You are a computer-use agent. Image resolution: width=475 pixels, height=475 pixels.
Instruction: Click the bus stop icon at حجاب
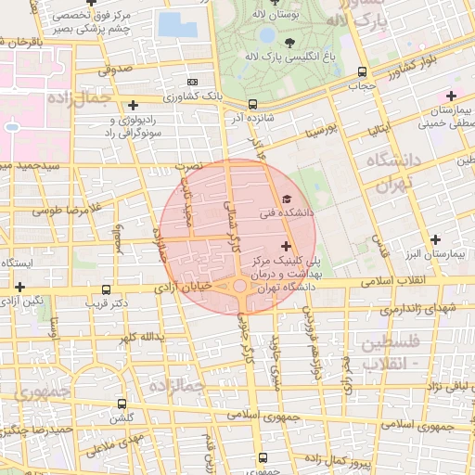tap(362, 71)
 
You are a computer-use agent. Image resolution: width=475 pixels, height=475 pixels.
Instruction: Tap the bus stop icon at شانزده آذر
tap(253, 104)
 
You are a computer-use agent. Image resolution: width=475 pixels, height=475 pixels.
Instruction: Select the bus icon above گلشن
tap(122, 404)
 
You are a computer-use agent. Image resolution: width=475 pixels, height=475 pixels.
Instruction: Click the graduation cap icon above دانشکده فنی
tap(286, 199)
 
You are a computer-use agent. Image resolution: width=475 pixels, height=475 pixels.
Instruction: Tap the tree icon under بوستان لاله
tap(289, 42)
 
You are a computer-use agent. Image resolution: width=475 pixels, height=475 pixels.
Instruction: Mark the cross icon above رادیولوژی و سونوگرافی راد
tap(134, 105)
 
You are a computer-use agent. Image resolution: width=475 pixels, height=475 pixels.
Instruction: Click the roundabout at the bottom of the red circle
tap(240, 287)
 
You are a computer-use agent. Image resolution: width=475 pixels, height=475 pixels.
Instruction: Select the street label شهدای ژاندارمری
tap(408, 307)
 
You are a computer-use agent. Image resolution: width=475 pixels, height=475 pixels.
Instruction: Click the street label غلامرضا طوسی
tap(69, 209)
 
